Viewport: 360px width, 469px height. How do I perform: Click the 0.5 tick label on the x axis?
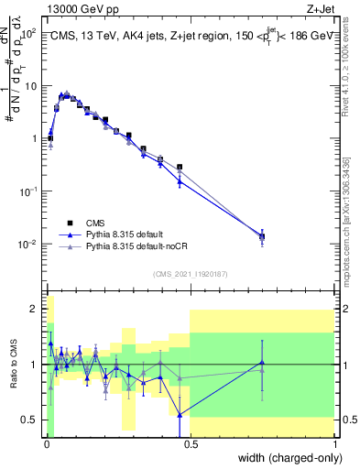[x=189, y=445]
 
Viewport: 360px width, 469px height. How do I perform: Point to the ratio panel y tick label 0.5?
[x=29, y=420]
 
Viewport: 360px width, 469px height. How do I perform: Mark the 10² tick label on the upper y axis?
[x=31, y=33]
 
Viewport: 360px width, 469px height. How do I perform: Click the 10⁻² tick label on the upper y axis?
[x=29, y=245]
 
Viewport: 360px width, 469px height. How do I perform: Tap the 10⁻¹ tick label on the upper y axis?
[x=29, y=191]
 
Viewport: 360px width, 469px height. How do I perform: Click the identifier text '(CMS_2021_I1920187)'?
[x=190, y=274]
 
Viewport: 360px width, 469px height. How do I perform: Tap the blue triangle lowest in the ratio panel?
[x=180, y=414]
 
